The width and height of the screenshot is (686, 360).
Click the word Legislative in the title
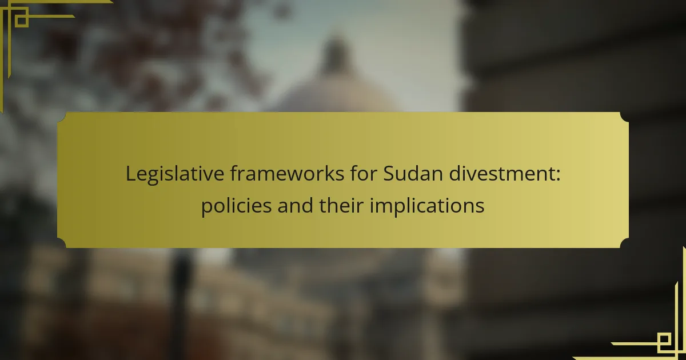[x=175, y=174]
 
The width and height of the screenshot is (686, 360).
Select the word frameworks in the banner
[x=287, y=173]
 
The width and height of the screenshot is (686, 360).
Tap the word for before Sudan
[x=364, y=173]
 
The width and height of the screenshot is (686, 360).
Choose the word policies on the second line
[x=237, y=206]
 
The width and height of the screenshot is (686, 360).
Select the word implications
[x=427, y=206]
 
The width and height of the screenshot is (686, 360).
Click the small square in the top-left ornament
[x=22, y=21]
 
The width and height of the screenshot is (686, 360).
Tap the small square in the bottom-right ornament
[x=664, y=339]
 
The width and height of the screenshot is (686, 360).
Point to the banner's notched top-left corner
[x=62, y=117]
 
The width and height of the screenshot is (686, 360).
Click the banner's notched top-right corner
[x=624, y=117]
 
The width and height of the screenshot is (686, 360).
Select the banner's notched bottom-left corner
[x=62, y=243]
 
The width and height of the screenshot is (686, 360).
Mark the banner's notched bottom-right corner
[x=624, y=243]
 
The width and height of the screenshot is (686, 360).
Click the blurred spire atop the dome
[x=336, y=55]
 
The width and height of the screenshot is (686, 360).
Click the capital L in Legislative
[x=131, y=173]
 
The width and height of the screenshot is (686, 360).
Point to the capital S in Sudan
[x=389, y=173]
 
